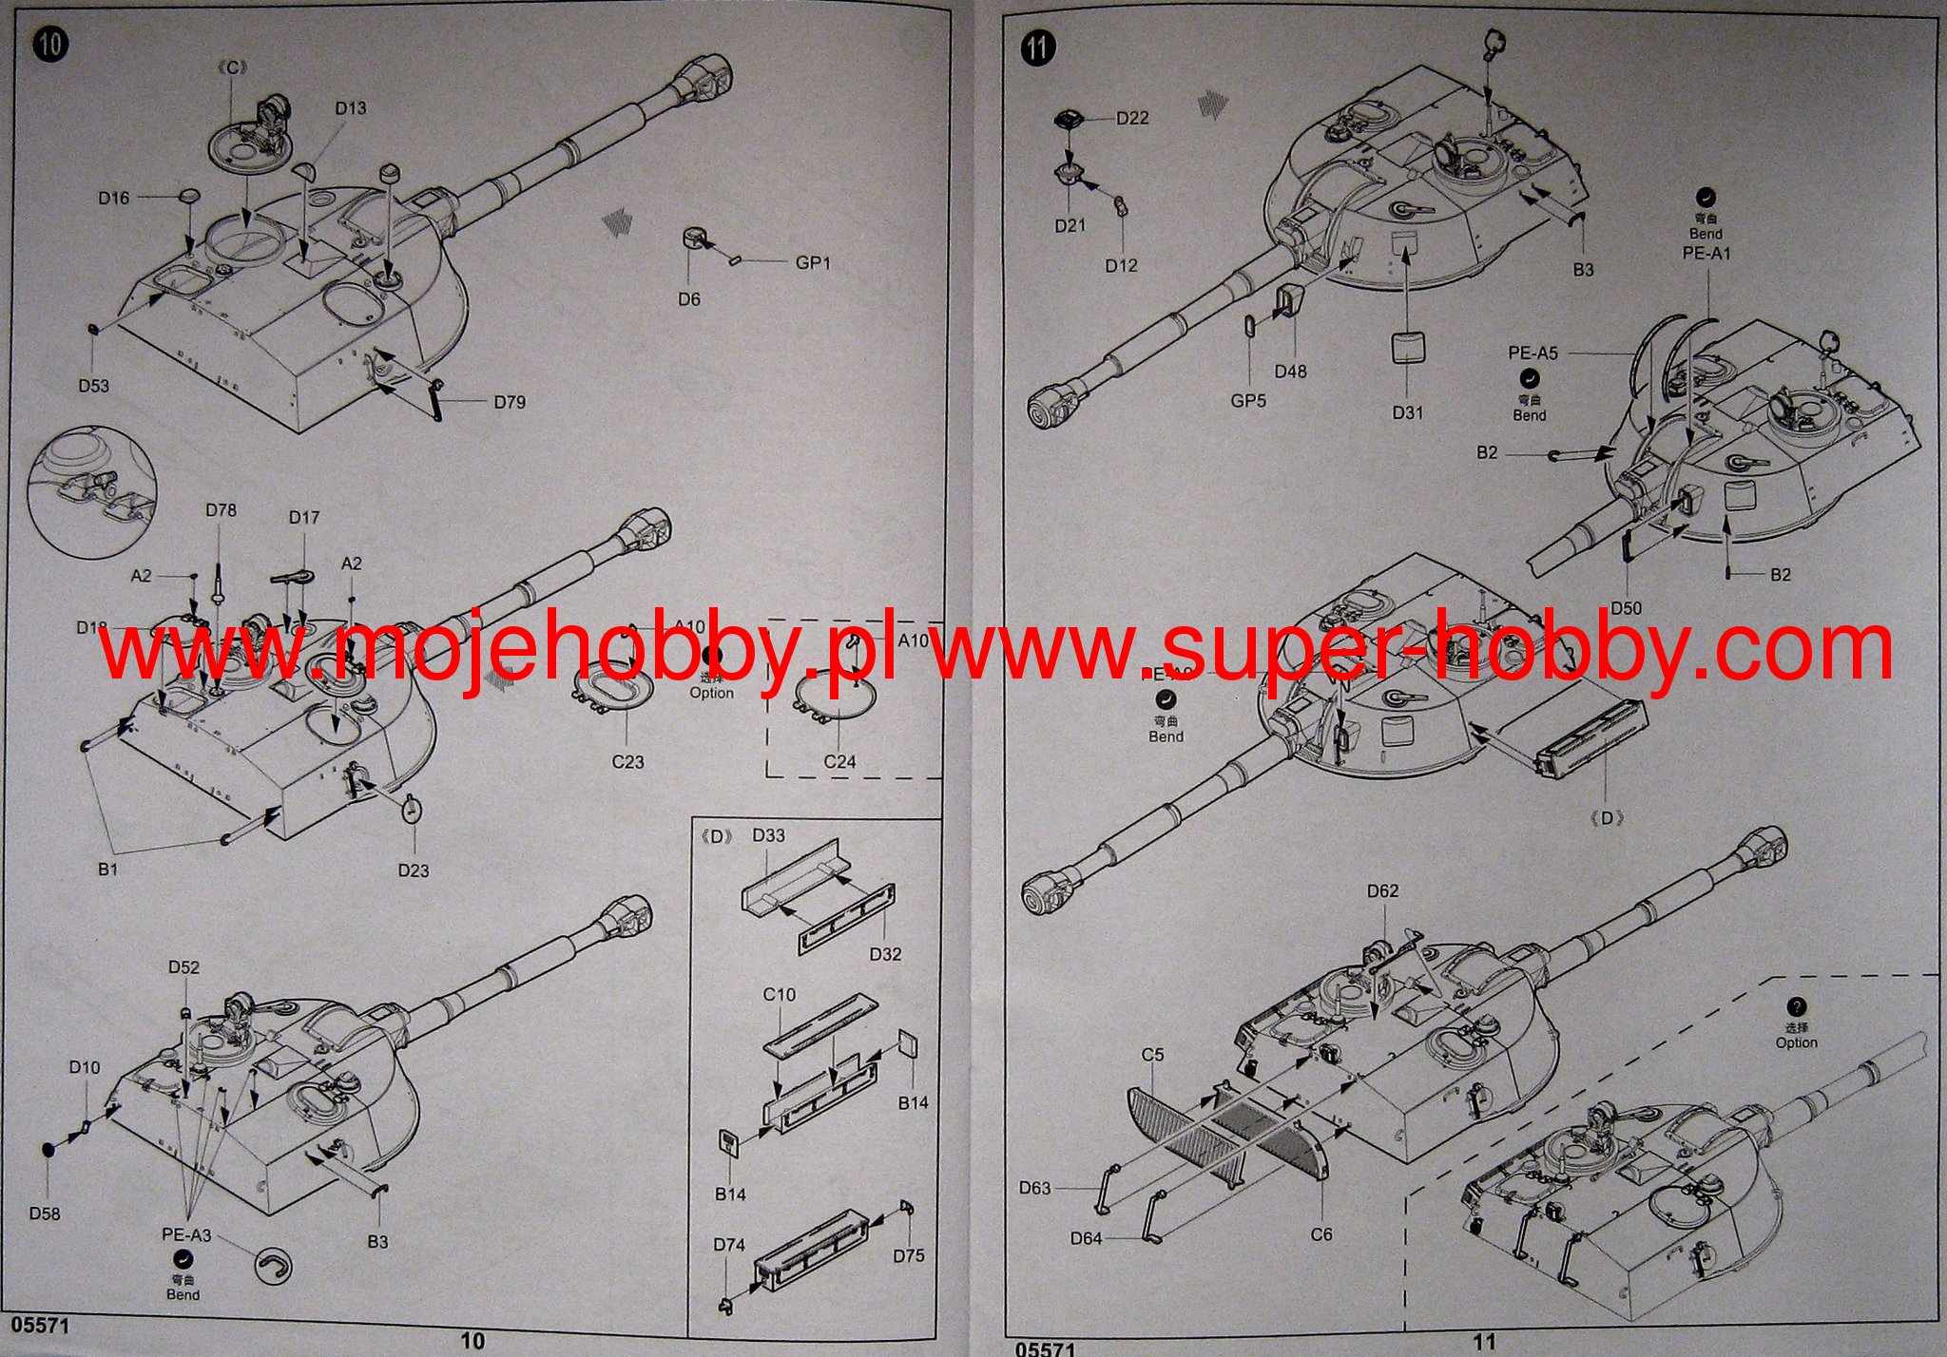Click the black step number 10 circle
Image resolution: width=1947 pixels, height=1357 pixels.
tap(50, 44)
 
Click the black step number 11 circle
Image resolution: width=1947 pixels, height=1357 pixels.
tap(1038, 48)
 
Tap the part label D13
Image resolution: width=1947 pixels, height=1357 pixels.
tap(350, 108)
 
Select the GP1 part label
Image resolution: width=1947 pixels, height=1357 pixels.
tap(813, 262)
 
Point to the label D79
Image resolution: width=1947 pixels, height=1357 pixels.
tap(510, 402)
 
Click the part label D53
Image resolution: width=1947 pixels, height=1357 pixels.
tap(94, 386)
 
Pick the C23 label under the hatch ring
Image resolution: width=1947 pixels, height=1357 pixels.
tap(627, 762)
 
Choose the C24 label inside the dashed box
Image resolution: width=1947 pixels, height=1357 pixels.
tap(839, 762)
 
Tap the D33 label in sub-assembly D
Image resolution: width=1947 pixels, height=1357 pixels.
tap(768, 835)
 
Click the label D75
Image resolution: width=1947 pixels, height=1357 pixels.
tap(908, 1255)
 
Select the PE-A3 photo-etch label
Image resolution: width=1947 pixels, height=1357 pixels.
tap(186, 1235)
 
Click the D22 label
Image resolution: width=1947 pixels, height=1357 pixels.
tap(1132, 118)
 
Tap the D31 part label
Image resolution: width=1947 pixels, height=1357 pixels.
tap(1407, 412)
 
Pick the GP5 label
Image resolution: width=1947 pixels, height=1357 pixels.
tap(1248, 401)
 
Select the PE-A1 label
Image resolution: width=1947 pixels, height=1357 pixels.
tap(1706, 254)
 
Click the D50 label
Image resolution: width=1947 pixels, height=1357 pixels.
tap(1626, 608)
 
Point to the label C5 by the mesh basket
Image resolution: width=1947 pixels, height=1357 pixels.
tap(1152, 1055)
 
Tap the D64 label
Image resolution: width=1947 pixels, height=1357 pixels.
tap(1087, 1238)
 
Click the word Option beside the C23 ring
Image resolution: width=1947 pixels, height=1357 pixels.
tap(712, 693)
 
